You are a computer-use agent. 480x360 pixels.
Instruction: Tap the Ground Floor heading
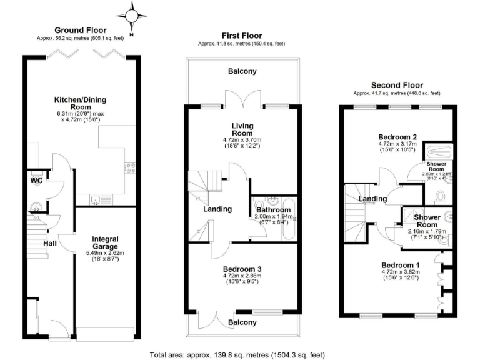81,30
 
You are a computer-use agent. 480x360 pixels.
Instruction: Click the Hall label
51,243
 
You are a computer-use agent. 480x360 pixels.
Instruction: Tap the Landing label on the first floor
217,209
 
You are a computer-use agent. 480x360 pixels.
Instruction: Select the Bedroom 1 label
401,265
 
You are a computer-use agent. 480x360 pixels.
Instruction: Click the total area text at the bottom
237,354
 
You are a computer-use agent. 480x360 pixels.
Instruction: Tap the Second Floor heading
397,85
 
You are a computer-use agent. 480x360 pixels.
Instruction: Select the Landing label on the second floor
372,199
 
